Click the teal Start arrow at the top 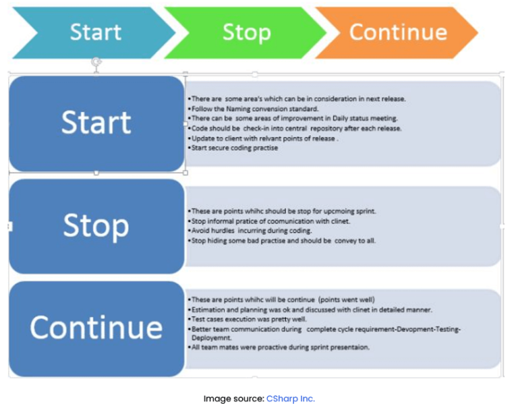pos(94,32)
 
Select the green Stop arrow pos(246,32)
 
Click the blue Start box pos(96,123)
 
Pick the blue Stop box pos(96,226)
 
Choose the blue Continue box pos(96,328)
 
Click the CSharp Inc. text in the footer pos(290,399)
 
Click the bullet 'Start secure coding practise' pos(235,148)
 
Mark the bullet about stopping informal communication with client pos(266,221)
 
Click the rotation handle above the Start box pos(96,62)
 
